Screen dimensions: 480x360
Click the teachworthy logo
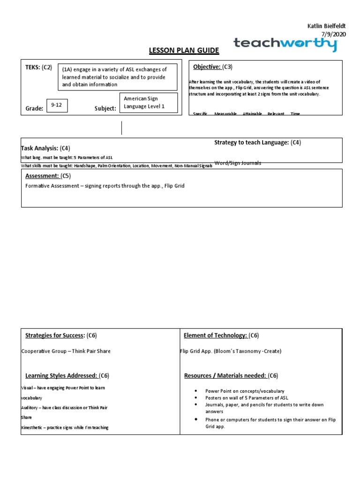point(285,45)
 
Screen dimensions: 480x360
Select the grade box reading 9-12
point(57,105)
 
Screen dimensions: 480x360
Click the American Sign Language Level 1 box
point(149,103)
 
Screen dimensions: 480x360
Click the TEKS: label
point(33,67)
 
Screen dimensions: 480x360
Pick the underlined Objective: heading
point(207,67)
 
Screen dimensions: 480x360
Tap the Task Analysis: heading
point(41,148)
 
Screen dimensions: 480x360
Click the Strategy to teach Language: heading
point(251,142)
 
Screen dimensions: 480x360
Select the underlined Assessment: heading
point(42,176)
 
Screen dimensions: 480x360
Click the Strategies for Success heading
point(55,335)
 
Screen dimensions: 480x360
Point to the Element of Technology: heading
point(215,335)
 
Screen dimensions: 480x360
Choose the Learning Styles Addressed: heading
point(61,375)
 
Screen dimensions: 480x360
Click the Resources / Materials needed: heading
point(224,375)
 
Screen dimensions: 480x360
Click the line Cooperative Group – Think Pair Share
point(66,351)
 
